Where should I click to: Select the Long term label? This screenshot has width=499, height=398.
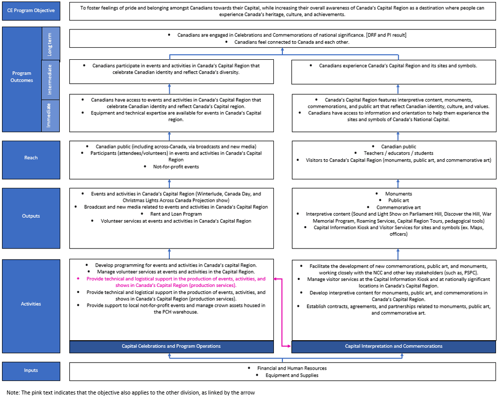pyautogui.click(x=51, y=44)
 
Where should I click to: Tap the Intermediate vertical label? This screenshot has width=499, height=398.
pyautogui.click(x=51, y=80)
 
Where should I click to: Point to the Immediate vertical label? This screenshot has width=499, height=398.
pyautogui.click(x=51, y=115)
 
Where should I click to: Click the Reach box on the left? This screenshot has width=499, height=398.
pyautogui.click(x=31, y=158)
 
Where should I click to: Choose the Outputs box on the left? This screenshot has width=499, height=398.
pyautogui.click(x=31, y=216)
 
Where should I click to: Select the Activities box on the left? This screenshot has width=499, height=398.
pyautogui.click(x=31, y=304)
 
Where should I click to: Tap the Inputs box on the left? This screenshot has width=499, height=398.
pyautogui.click(x=31, y=371)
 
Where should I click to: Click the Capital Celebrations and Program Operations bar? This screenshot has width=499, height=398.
pyautogui.click(x=171, y=346)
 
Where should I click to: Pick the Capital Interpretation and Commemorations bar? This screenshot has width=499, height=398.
pyautogui.click(x=393, y=346)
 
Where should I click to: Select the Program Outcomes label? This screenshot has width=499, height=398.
pyautogui.click(x=22, y=77)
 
